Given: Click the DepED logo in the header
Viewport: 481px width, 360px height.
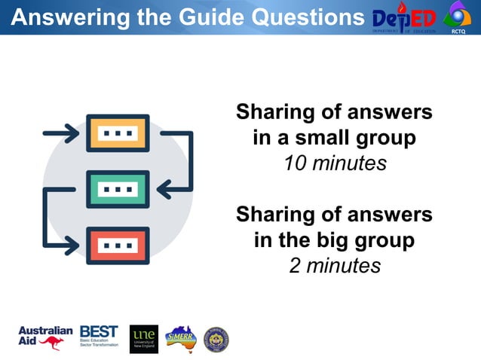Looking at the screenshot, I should tap(404, 17).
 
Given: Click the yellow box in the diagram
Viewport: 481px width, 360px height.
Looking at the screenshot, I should tap(118, 133).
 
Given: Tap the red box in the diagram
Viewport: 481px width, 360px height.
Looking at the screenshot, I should tap(118, 246).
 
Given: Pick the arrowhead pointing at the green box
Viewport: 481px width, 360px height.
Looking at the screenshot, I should tap(164, 189).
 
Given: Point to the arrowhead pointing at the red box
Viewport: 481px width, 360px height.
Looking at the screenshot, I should tap(72, 246).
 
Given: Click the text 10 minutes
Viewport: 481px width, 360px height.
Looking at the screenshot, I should tap(335, 163).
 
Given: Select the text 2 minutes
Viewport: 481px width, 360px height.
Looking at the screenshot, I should tap(335, 266).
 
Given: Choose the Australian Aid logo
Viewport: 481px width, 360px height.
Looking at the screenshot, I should tap(45, 338).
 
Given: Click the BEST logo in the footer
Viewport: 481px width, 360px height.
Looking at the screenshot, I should tap(99, 336).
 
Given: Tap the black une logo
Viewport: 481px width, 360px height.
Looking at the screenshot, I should tap(143, 339).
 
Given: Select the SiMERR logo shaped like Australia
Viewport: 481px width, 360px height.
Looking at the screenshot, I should tap(181, 338).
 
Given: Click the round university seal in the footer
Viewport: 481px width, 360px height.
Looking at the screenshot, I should tap(216, 340).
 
